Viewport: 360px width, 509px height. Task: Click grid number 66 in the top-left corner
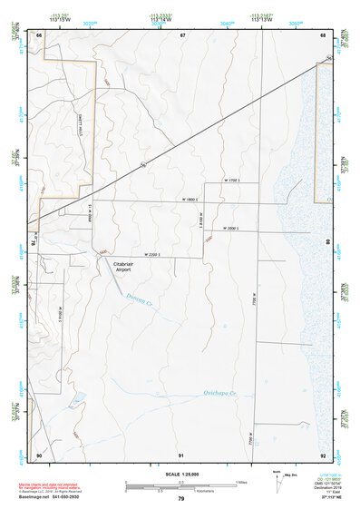[39, 34]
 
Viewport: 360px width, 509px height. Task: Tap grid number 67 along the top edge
[182, 34]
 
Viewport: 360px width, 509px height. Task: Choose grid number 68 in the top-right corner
[323, 34]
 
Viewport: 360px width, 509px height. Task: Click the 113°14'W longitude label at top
[162, 17]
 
